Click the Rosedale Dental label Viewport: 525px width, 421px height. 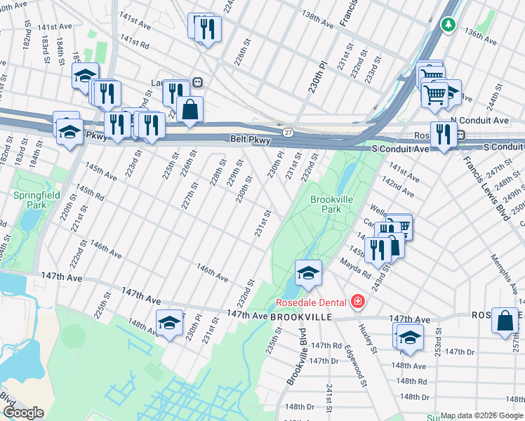point(311,302)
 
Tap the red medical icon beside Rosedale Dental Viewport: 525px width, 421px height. point(358,302)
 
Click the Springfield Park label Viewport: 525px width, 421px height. point(36,200)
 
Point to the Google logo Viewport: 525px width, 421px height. point(23,413)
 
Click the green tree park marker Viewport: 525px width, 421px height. point(448,25)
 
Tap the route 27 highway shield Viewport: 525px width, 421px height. point(288,132)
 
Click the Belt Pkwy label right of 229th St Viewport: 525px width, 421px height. point(248,140)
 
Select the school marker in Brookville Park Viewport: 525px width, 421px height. point(307,274)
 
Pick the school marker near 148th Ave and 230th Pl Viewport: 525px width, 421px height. point(169,323)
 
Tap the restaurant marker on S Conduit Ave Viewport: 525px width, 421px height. point(443,133)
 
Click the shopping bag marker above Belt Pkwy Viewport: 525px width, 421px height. point(190,109)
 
